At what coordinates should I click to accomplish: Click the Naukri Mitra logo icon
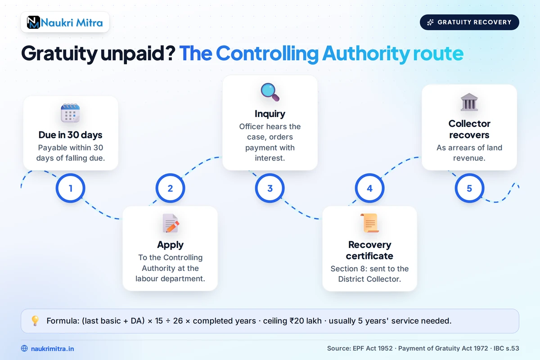coord(33,22)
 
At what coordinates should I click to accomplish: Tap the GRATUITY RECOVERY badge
coord(469,22)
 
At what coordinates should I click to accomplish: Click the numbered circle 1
coord(70,188)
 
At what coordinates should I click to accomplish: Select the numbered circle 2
coord(170,188)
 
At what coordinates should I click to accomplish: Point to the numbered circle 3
coord(270,188)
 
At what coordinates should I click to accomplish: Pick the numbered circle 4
coord(369,188)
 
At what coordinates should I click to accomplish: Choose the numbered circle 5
coord(469,188)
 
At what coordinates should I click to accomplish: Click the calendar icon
coord(70,113)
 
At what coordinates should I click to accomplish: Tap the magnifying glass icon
coord(270,92)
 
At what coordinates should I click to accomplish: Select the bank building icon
coord(469,102)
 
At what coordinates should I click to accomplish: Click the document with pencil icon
coord(171,223)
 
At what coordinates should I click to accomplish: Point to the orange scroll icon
coord(369,223)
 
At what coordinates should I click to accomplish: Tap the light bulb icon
coord(35,321)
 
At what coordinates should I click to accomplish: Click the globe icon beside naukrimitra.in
coord(24,348)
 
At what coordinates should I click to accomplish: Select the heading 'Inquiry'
coord(270,114)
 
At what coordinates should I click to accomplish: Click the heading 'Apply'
coord(170,245)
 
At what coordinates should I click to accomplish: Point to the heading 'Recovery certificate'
coord(369,250)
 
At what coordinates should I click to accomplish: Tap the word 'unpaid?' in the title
coord(138,54)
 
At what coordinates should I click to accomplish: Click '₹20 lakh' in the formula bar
coord(306,321)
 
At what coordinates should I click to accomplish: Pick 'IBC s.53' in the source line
coord(506,348)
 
